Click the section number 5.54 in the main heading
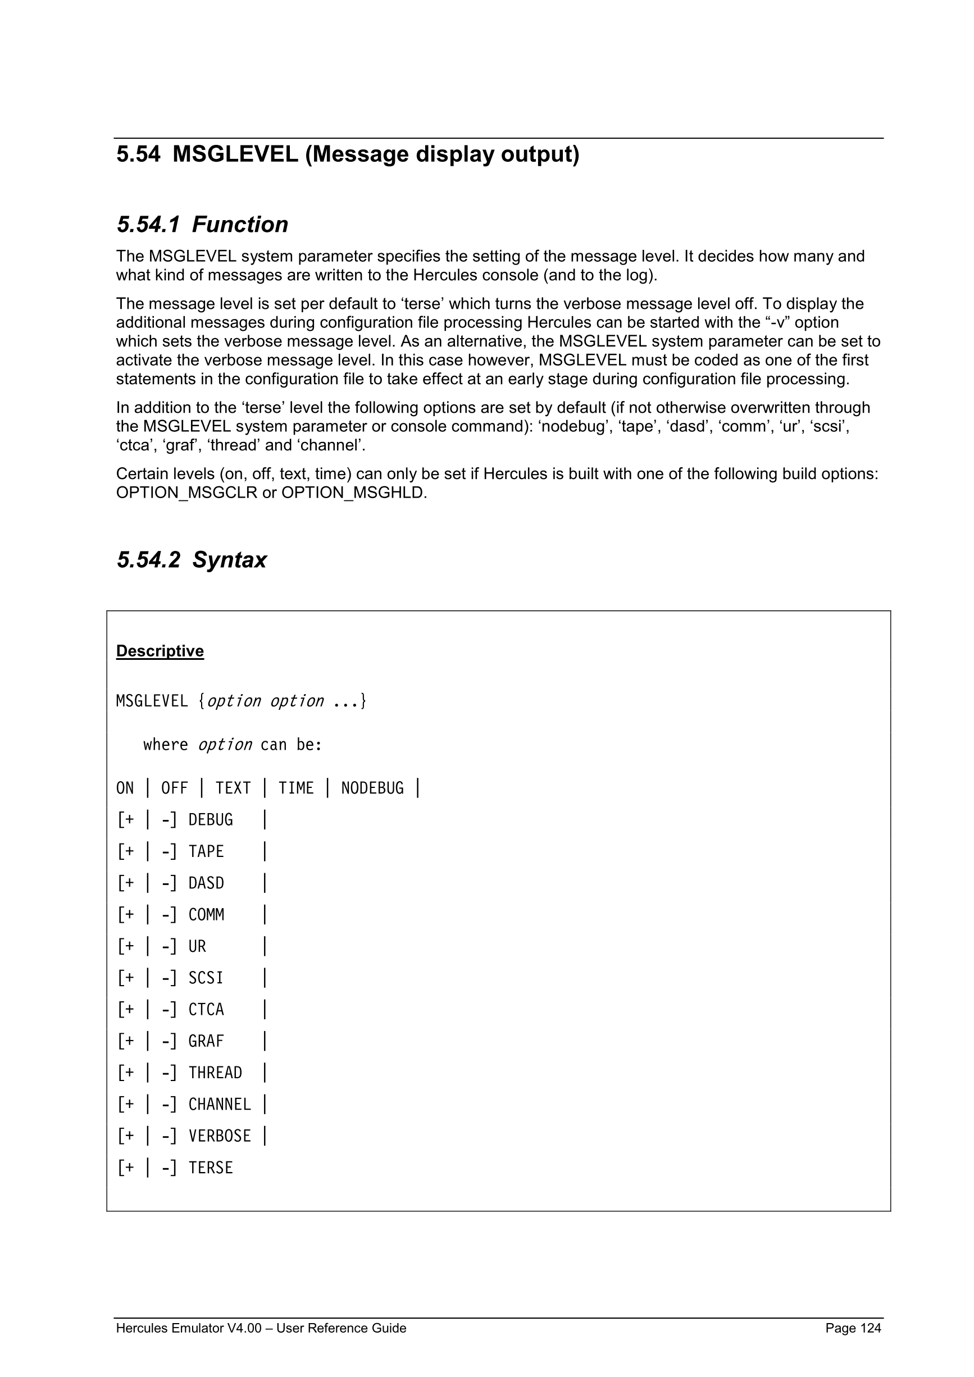coord(138,155)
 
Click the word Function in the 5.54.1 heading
coord(240,225)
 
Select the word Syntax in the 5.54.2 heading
coord(230,560)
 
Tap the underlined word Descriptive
coord(160,651)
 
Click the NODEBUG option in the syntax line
coord(372,788)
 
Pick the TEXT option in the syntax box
coord(233,788)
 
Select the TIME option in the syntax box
coord(295,788)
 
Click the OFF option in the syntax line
coord(175,788)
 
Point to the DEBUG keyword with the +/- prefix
coord(211,820)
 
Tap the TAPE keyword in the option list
coord(206,851)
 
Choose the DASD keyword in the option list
coord(206,883)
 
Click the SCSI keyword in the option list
coord(206,978)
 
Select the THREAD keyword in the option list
coord(215,1073)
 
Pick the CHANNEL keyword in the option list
coord(220,1105)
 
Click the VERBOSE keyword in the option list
coord(220,1137)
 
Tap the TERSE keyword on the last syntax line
coord(211,1168)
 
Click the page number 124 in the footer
coord(870,1328)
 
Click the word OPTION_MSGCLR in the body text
coord(186,493)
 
